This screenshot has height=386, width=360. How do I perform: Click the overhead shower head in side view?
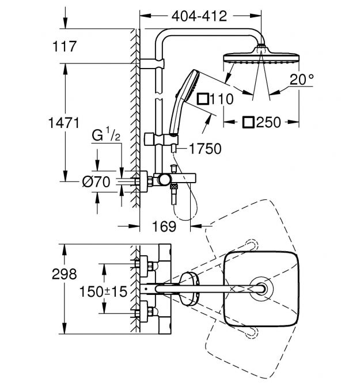(x=262, y=58)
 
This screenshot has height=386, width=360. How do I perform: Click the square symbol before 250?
(x=249, y=122)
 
